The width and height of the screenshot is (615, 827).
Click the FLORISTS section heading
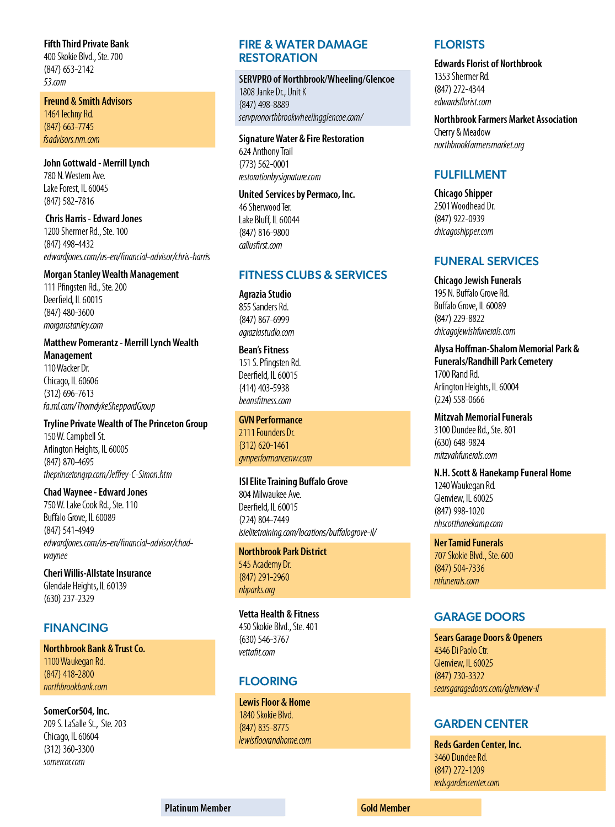pos(459,45)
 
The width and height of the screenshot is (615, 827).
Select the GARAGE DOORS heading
pos(479,617)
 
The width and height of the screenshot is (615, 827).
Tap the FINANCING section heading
pos(76,627)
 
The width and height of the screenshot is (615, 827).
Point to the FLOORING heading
pos(268,681)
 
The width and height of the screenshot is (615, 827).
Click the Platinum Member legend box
pos(223,808)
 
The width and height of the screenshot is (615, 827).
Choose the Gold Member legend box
pos(419,808)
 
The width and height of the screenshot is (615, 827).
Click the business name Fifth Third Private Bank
pos(86,44)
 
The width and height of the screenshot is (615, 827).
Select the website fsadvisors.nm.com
pos(72,139)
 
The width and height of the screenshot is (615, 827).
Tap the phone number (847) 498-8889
pos(264,105)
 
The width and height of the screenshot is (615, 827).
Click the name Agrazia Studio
pos(265,294)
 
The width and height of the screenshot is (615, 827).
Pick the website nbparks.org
pos(256,590)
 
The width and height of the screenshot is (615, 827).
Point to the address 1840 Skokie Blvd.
pos(266,715)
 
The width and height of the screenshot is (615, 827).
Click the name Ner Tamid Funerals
pos(468,543)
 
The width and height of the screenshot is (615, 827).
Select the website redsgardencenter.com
pos(467,783)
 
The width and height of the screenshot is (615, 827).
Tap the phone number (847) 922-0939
pos(459,219)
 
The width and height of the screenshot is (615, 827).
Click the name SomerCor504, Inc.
pos(76,711)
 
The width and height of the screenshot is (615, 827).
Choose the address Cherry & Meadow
pos(462,132)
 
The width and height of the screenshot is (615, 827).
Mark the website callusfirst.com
pos(260,245)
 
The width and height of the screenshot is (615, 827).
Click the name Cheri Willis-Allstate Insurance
pos(98,573)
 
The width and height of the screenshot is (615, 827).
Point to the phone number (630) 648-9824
pos(459,443)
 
